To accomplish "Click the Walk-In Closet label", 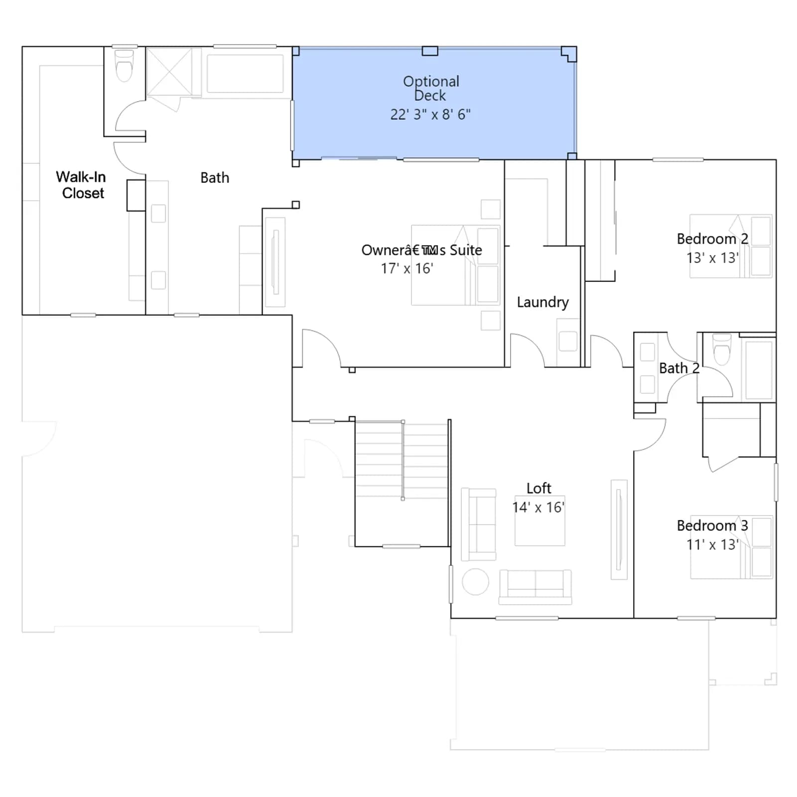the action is (x=81, y=185).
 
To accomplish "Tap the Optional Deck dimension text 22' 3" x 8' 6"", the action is (x=430, y=115).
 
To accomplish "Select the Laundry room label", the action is (x=542, y=302).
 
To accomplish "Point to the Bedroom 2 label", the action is (x=712, y=239).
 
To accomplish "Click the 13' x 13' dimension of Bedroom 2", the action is (x=712, y=258).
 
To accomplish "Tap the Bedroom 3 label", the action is (x=712, y=526).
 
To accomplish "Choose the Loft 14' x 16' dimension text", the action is (x=538, y=508).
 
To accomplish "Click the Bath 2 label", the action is (x=679, y=368).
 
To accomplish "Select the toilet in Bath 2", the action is (x=722, y=349).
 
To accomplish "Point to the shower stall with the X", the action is (x=169, y=71).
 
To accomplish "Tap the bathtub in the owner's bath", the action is (x=245, y=74).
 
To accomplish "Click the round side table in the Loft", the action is (x=476, y=581).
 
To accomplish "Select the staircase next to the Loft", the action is (x=401, y=484).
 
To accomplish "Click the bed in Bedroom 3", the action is (x=731, y=547).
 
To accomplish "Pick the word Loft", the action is (x=539, y=488).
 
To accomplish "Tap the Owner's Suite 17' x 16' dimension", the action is (x=407, y=269).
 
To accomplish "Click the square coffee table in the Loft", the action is (x=540, y=521).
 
